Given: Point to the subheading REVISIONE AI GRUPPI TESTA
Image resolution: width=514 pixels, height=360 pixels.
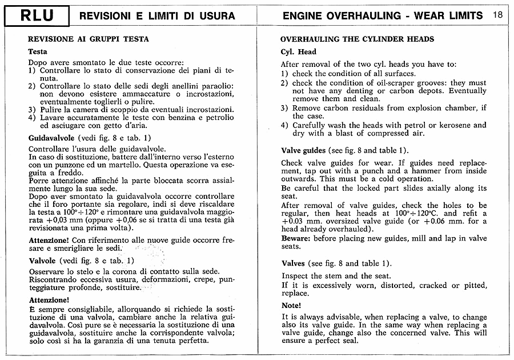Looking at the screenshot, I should (x=89, y=39).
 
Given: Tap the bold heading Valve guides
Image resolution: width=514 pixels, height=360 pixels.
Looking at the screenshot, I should (x=303, y=150).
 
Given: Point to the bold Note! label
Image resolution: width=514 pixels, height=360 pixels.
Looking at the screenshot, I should (x=291, y=305).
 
